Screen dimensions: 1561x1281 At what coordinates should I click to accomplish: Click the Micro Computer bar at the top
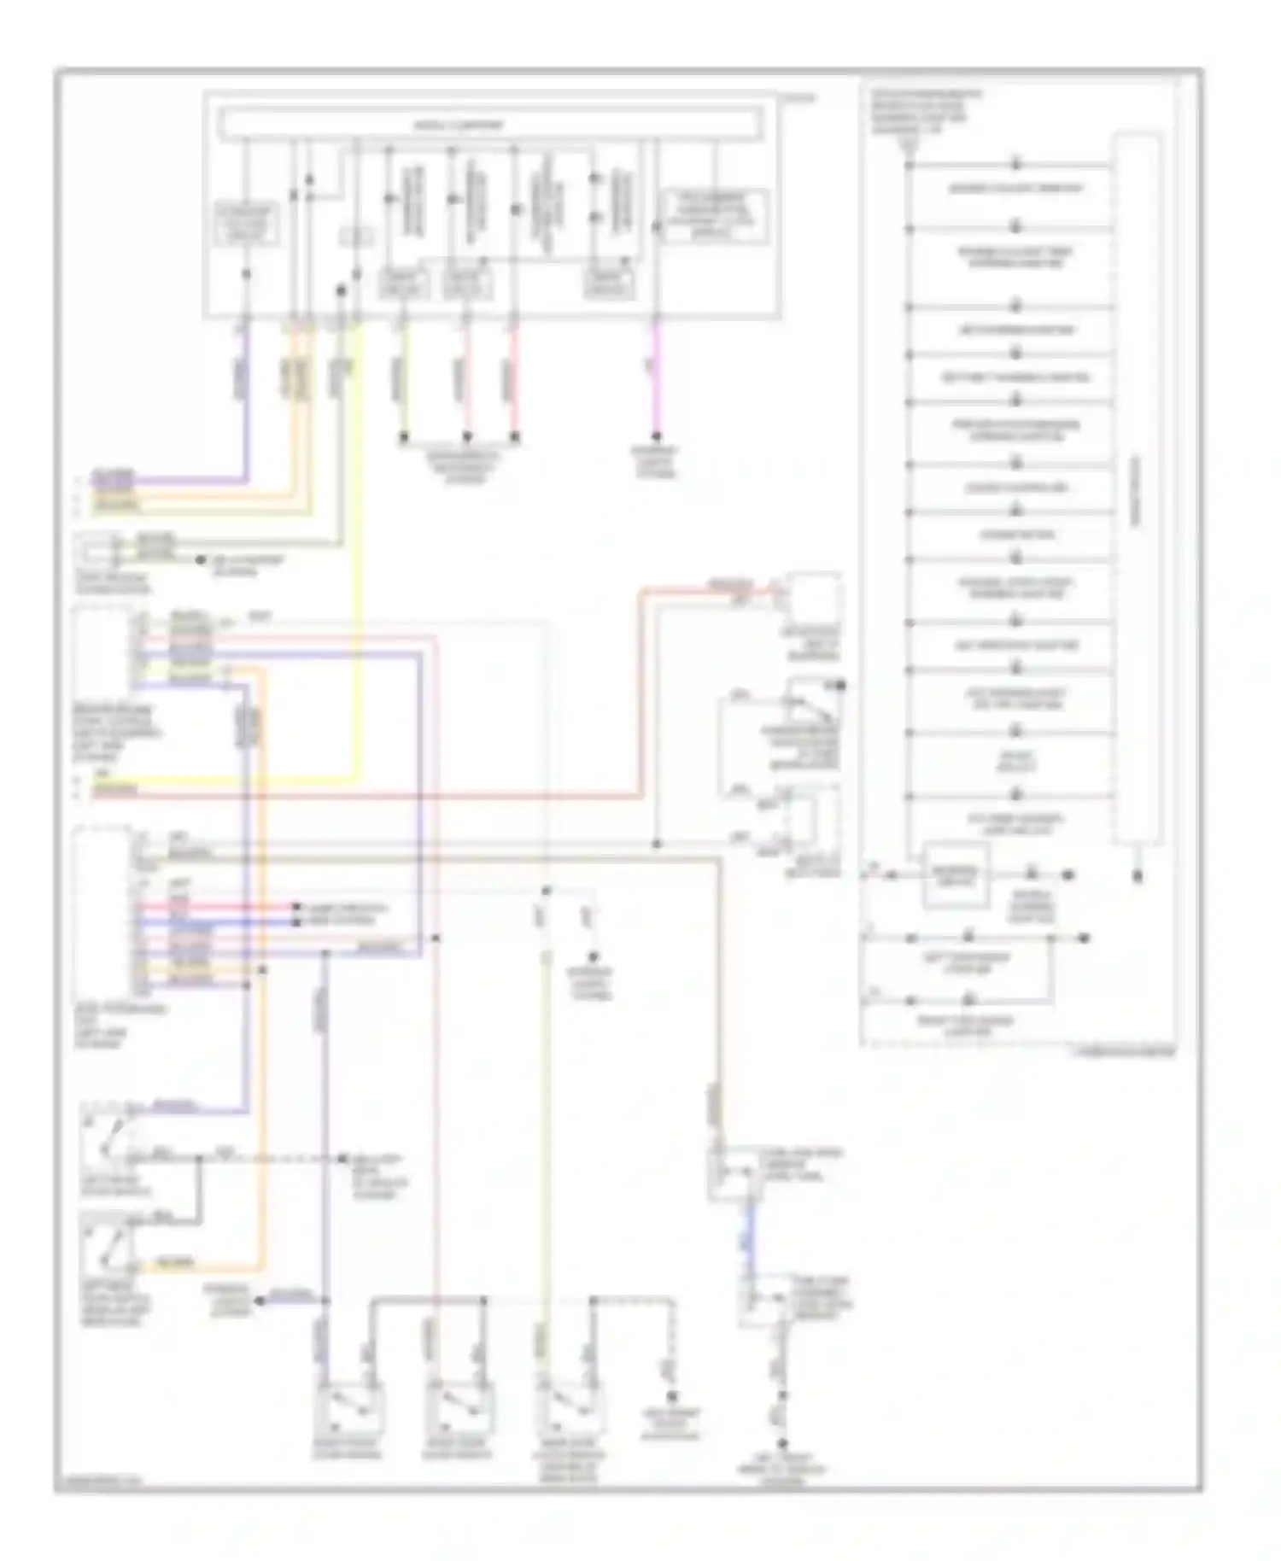click(489, 125)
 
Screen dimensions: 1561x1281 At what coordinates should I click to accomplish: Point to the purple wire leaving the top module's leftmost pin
click(247, 384)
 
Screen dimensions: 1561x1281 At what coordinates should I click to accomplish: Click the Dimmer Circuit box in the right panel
click(956, 874)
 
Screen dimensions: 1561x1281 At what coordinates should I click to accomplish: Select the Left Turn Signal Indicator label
click(967, 963)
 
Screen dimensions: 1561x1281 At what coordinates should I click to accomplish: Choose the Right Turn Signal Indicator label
click(967, 1026)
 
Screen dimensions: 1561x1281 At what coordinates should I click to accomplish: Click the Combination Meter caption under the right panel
click(1123, 1053)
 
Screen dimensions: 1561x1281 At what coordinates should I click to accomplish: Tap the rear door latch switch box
click(567, 1406)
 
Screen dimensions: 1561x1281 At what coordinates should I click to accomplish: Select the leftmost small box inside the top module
click(246, 224)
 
